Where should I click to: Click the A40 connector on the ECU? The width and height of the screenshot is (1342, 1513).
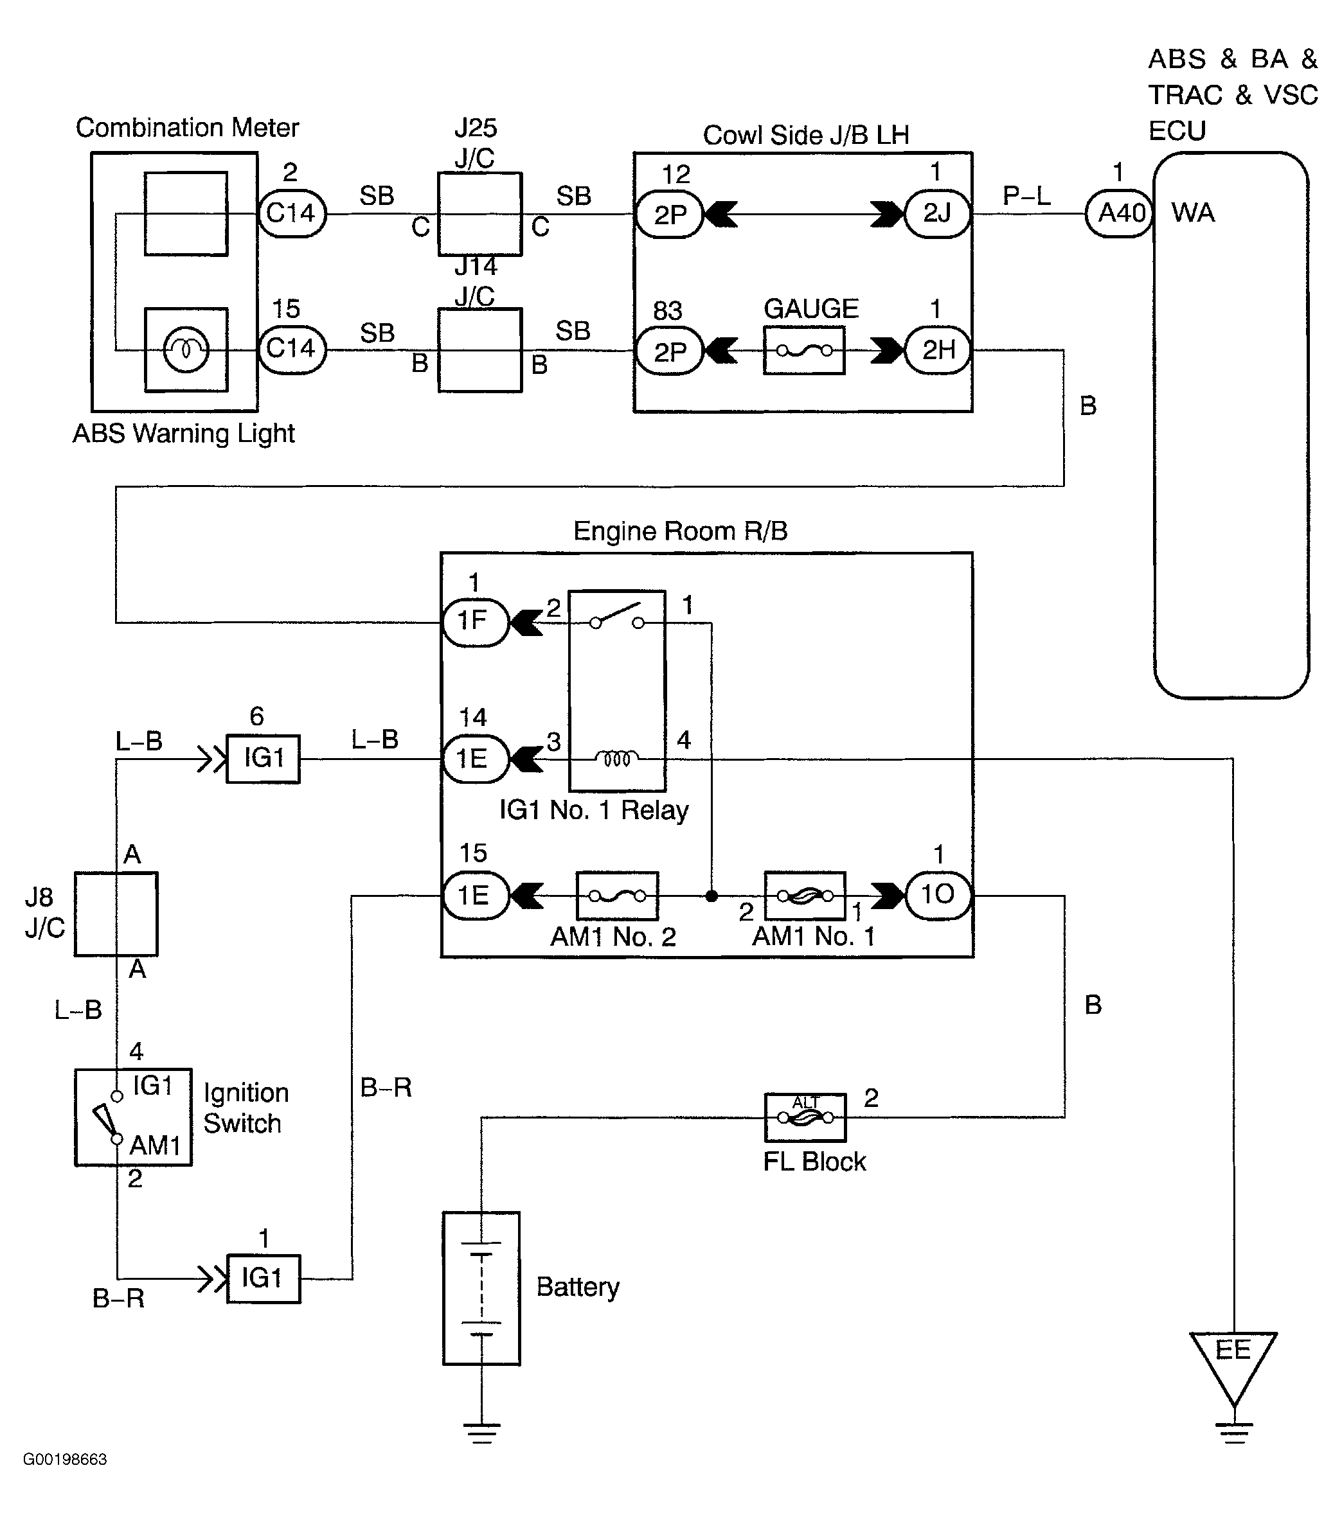[1119, 214]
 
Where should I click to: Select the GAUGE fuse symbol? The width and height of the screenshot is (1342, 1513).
[803, 350]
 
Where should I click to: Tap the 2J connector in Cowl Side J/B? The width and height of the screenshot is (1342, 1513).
[937, 214]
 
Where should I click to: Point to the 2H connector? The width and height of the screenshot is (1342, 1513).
[938, 350]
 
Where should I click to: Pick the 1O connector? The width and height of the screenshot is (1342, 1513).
[938, 895]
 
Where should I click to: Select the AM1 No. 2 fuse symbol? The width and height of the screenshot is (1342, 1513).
[617, 896]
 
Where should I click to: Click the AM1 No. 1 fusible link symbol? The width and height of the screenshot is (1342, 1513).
[804, 896]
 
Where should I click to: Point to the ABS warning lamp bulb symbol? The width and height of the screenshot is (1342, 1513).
[186, 349]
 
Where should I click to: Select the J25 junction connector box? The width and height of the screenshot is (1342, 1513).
[480, 215]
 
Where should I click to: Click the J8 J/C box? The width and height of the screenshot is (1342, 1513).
[116, 914]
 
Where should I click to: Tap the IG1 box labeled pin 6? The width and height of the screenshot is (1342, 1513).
[263, 759]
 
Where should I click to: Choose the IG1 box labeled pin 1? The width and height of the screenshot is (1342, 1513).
[263, 1279]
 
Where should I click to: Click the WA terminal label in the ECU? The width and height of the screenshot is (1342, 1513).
[1192, 213]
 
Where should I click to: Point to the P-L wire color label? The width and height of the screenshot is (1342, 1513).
[1026, 196]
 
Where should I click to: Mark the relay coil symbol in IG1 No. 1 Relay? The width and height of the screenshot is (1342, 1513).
[617, 759]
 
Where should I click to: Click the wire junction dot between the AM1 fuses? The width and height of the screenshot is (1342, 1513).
[711, 896]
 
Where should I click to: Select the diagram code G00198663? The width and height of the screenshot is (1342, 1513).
[65, 1460]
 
